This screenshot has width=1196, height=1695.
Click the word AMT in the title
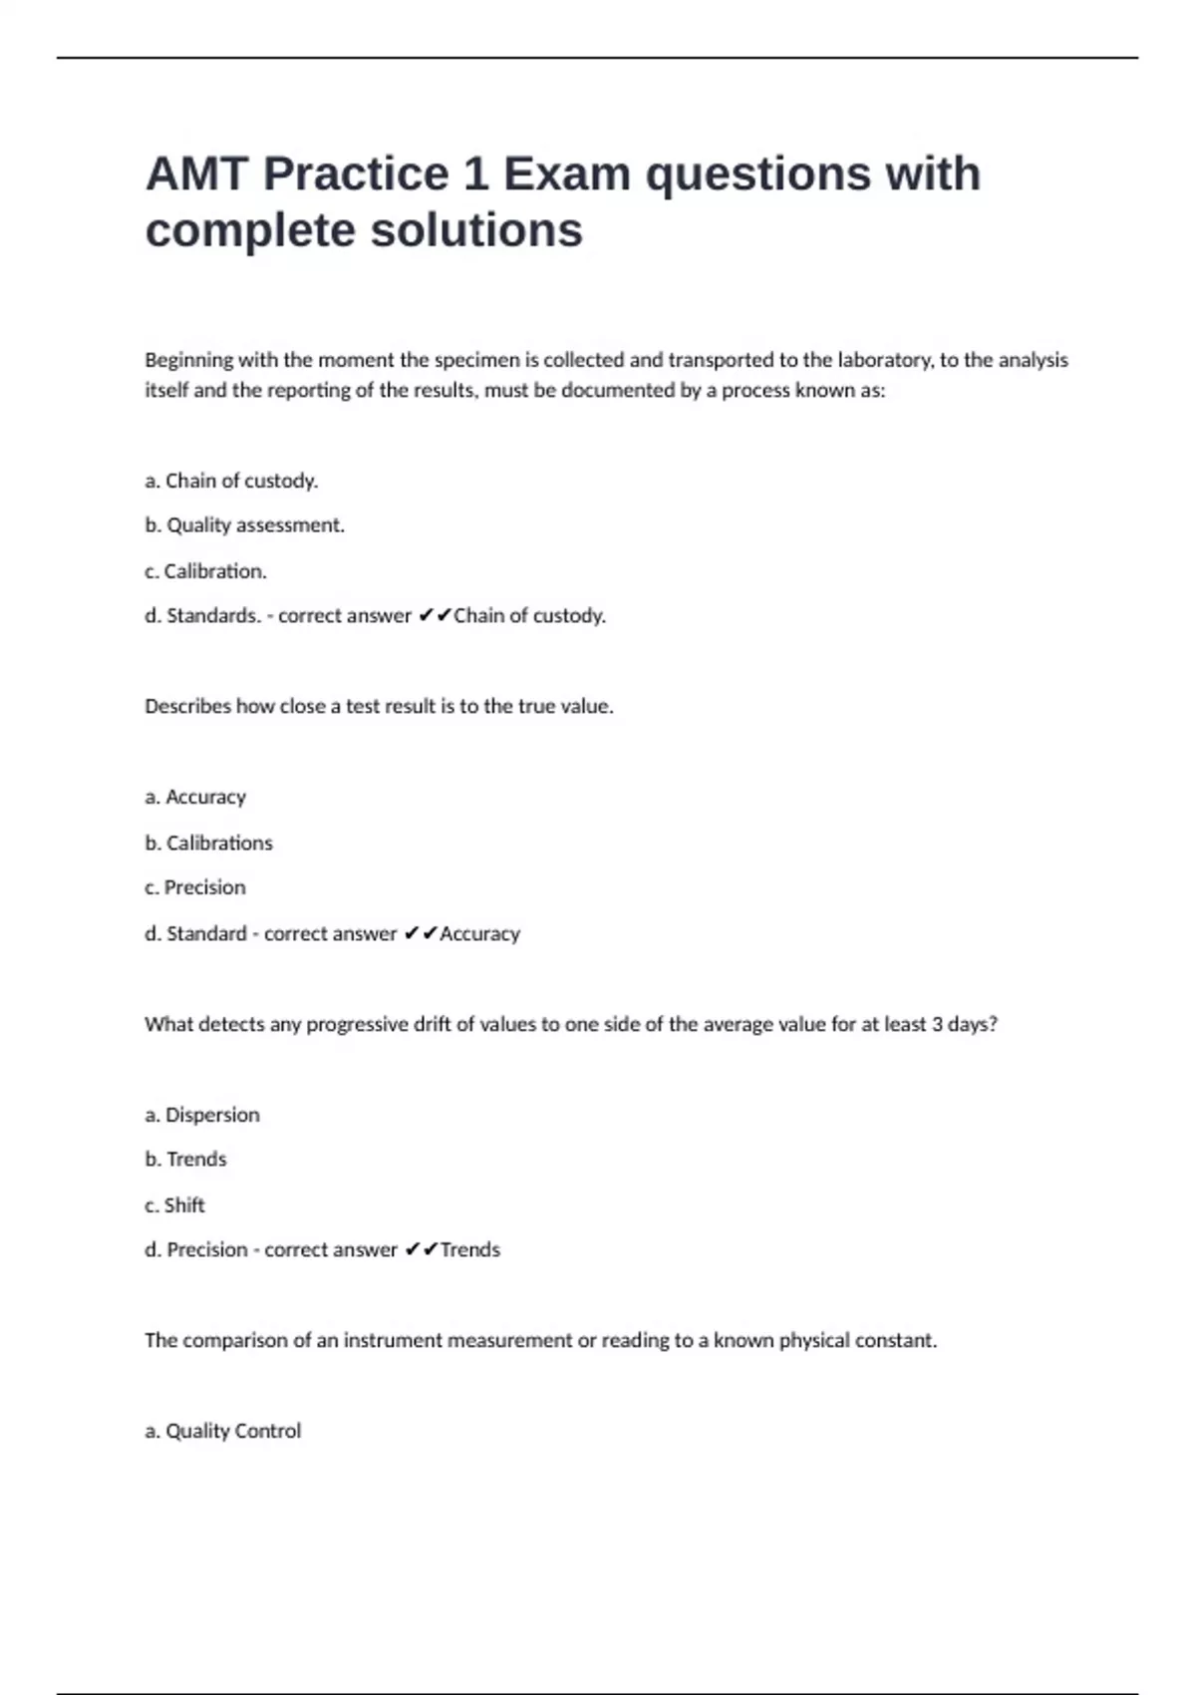(195, 174)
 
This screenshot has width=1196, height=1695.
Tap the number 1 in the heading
(475, 174)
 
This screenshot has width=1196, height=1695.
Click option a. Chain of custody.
(231, 481)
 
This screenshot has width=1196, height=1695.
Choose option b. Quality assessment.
(244, 525)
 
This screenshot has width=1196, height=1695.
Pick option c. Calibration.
(205, 571)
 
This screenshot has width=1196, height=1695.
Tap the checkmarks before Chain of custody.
(435, 616)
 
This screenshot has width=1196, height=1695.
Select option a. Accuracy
(195, 797)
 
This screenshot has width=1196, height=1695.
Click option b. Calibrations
(208, 843)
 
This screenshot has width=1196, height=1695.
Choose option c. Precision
(195, 887)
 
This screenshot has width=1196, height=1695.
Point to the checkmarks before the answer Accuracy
(421, 934)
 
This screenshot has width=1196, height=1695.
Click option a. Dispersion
(202, 1115)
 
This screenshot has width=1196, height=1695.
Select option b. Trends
(185, 1160)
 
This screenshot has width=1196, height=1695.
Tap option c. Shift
(174, 1205)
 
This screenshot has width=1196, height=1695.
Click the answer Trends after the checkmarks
(470, 1250)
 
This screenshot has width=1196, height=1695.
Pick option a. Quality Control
(222, 1431)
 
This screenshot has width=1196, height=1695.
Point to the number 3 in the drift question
(937, 1024)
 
